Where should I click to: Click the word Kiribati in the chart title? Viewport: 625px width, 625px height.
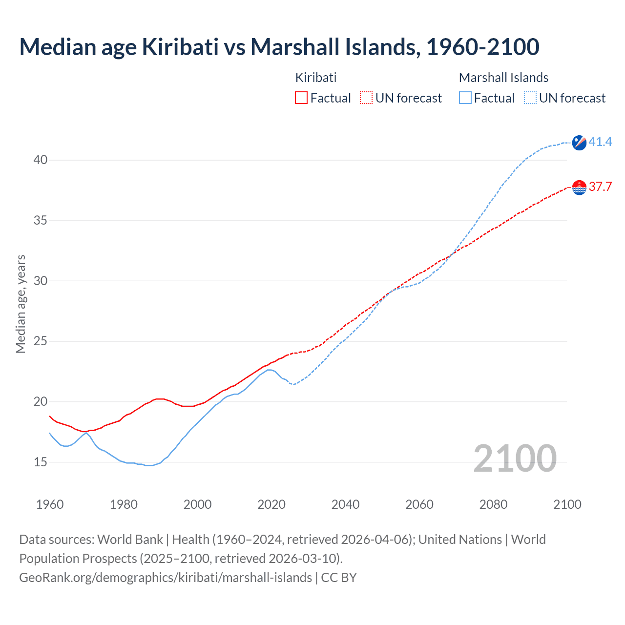pos(180,47)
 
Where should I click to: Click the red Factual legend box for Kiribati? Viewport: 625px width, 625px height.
pos(301,98)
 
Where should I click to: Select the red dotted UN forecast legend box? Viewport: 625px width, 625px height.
pos(366,98)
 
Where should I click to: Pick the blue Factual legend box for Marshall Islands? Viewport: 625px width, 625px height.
pos(465,98)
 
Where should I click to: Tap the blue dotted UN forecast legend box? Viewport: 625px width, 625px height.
pos(530,98)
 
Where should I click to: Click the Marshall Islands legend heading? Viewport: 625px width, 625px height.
pos(503,78)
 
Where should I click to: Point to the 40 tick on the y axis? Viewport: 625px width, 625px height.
pos(41,160)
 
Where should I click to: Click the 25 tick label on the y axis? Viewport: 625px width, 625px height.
pos(41,341)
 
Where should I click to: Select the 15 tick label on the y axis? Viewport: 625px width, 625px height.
pos(41,462)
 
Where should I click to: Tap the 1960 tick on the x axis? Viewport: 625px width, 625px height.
pos(50,504)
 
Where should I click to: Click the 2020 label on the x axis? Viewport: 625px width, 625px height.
pos(271,504)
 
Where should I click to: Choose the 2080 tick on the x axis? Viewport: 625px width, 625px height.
pos(493,504)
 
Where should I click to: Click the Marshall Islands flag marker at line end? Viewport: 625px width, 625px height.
pos(579,143)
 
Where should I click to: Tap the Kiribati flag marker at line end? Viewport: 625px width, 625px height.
pos(579,187)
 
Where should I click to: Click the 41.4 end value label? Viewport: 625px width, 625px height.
pos(600,142)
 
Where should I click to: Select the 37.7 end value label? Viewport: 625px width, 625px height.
pos(600,187)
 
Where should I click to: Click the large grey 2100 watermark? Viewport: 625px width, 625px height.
pos(515,458)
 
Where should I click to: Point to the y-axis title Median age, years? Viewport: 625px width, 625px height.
pos(21,304)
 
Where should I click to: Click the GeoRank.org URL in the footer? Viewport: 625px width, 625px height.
pos(166,578)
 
